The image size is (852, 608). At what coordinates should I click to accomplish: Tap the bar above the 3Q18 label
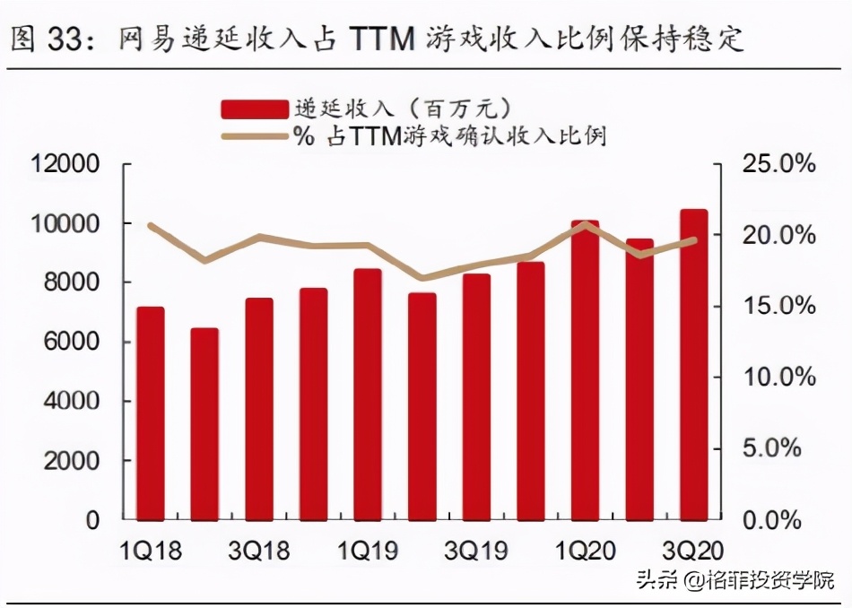pyautogui.click(x=259, y=408)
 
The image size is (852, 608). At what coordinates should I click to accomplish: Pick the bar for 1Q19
pyautogui.click(x=368, y=395)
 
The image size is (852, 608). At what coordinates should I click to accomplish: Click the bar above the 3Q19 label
pyautogui.click(x=476, y=396)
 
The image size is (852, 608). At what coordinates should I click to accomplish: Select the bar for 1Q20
pyautogui.click(x=585, y=369)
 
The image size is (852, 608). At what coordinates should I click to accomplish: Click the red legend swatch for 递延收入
pyautogui.click(x=255, y=109)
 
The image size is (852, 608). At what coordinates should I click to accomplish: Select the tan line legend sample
pyautogui.click(x=255, y=136)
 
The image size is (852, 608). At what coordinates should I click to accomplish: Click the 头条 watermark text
pyautogui.click(x=657, y=580)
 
